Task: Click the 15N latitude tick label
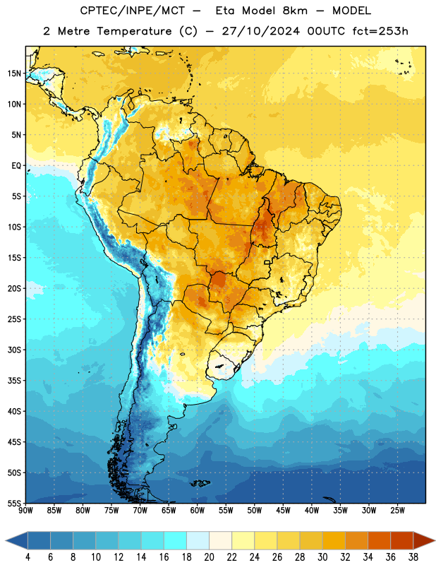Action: pyautogui.click(x=14, y=73)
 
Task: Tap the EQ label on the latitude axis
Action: pyautogui.click(x=16, y=166)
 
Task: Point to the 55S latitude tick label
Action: pyautogui.click(x=14, y=503)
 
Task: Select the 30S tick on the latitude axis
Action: pyautogui.click(x=14, y=350)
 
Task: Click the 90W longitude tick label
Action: pyautogui.click(x=25, y=510)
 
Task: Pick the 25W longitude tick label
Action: pyautogui.click(x=397, y=510)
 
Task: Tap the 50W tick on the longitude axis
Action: pyautogui.click(x=255, y=510)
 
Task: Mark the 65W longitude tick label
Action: pyautogui.click(x=169, y=510)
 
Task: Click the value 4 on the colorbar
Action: pyautogui.click(x=28, y=557)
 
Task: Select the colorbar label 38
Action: pyautogui.click(x=413, y=557)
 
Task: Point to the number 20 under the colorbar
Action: pyautogui.click(x=209, y=557)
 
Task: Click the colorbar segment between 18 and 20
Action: pyautogui.click(x=198, y=541)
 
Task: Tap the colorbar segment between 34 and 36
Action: pyautogui.click(x=379, y=541)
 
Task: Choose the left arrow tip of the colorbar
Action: pyautogui.click(x=6, y=541)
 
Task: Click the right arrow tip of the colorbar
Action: pyautogui.click(x=435, y=541)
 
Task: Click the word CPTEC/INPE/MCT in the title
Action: pyautogui.click(x=133, y=11)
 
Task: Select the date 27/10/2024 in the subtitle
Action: pyautogui.click(x=260, y=31)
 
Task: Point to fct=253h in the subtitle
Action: pyautogui.click(x=380, y=31)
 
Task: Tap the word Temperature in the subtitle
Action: pyautogui.click(x=134, y=31)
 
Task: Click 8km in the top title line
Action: pyautogui.click(x=295, y=11)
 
